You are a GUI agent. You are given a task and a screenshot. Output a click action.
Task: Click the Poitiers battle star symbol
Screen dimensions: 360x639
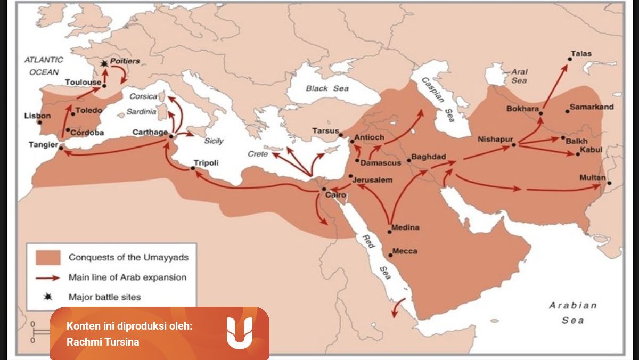coord(104,63)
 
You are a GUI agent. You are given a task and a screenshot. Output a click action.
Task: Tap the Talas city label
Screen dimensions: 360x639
coord(581,54)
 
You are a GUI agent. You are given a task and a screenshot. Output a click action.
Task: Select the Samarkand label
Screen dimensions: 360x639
coord(591,107)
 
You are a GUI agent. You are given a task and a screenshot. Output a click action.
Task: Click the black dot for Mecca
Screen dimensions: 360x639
coord(390,255)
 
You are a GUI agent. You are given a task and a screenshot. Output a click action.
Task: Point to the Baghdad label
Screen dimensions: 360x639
coord(429,158)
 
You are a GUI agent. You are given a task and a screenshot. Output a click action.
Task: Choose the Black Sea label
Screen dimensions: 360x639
coord(327,88)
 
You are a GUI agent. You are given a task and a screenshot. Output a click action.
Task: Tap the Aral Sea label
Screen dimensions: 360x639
coord(519,76)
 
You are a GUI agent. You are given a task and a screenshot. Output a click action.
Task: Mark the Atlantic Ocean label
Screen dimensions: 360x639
coord(44,66)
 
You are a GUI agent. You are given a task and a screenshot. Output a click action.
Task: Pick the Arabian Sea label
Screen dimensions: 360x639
coord(573,313)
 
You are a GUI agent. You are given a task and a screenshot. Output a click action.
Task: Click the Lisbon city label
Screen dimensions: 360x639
coord(37,116)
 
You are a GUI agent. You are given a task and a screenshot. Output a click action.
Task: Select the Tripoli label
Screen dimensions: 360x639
coord(206,163)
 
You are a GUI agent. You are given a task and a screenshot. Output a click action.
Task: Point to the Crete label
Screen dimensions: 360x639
coord(258,154)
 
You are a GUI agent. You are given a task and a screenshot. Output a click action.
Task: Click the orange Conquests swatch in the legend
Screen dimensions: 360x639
coord(47,258)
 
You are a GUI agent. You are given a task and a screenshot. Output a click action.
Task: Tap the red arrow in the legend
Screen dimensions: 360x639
coord(47,277)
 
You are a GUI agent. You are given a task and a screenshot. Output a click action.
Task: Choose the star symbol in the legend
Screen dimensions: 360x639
coord(47,297)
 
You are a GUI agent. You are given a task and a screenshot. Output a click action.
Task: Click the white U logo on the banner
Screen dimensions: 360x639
coord(239,333)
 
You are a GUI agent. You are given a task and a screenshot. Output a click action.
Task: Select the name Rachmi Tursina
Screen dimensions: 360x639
coord(103,342)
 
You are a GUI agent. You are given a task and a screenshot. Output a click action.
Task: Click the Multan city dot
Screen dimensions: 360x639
coord(609,183)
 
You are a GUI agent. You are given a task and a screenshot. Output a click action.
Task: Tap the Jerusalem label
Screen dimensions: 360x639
coord(373,180)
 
